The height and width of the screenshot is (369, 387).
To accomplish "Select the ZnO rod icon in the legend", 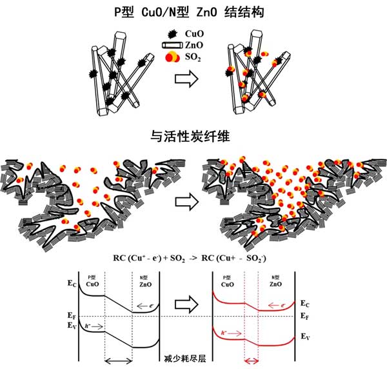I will tap(171, 46).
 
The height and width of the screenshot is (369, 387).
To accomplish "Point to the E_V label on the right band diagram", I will tap(306, 337).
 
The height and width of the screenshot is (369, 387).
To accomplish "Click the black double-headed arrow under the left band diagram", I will tap(119, 361).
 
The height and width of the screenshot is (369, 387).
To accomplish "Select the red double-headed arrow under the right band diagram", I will tap(252, 361).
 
